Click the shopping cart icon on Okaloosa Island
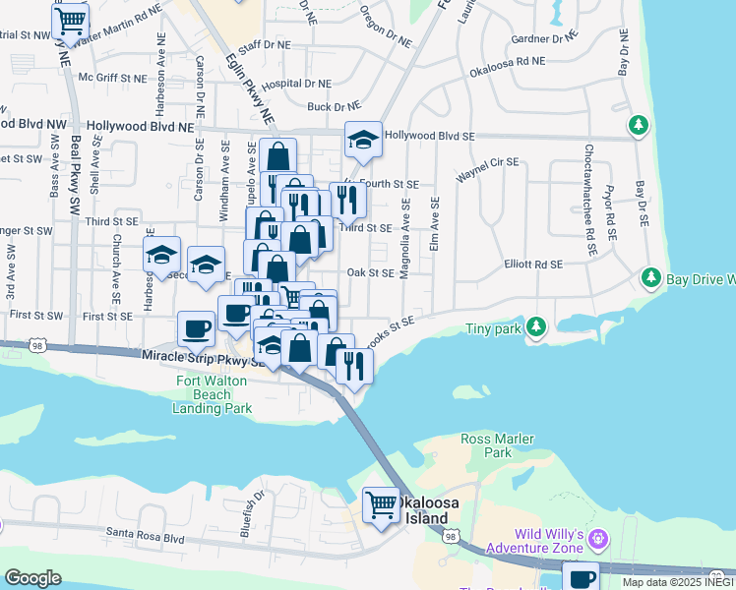point(381,505)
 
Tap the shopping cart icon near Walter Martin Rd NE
point(70,20)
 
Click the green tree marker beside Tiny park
point(535,325)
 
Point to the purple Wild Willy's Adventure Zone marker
point(601,538)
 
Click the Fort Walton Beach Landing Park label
point(214,394)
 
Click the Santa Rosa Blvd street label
point(147,538)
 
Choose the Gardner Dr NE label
point(543,39)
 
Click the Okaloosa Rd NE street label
point(508,66)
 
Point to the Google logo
point(32,578)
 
